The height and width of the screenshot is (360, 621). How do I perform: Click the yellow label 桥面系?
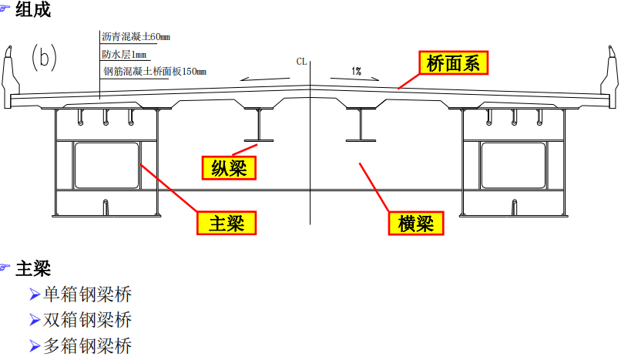[453, 63]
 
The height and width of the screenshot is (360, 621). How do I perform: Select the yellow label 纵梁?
[228, 167]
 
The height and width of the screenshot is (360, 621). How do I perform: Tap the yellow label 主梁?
[227, 224]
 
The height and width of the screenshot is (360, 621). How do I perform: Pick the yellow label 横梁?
[417, 224]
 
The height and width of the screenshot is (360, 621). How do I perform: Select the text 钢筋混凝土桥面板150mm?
[155, 72]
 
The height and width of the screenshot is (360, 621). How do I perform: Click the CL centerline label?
[302, 60]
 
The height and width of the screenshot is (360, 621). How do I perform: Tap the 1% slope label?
[357, 71]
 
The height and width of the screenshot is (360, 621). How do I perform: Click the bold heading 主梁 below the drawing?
[32, 269]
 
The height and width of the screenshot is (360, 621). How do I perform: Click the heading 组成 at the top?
[32, 10]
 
